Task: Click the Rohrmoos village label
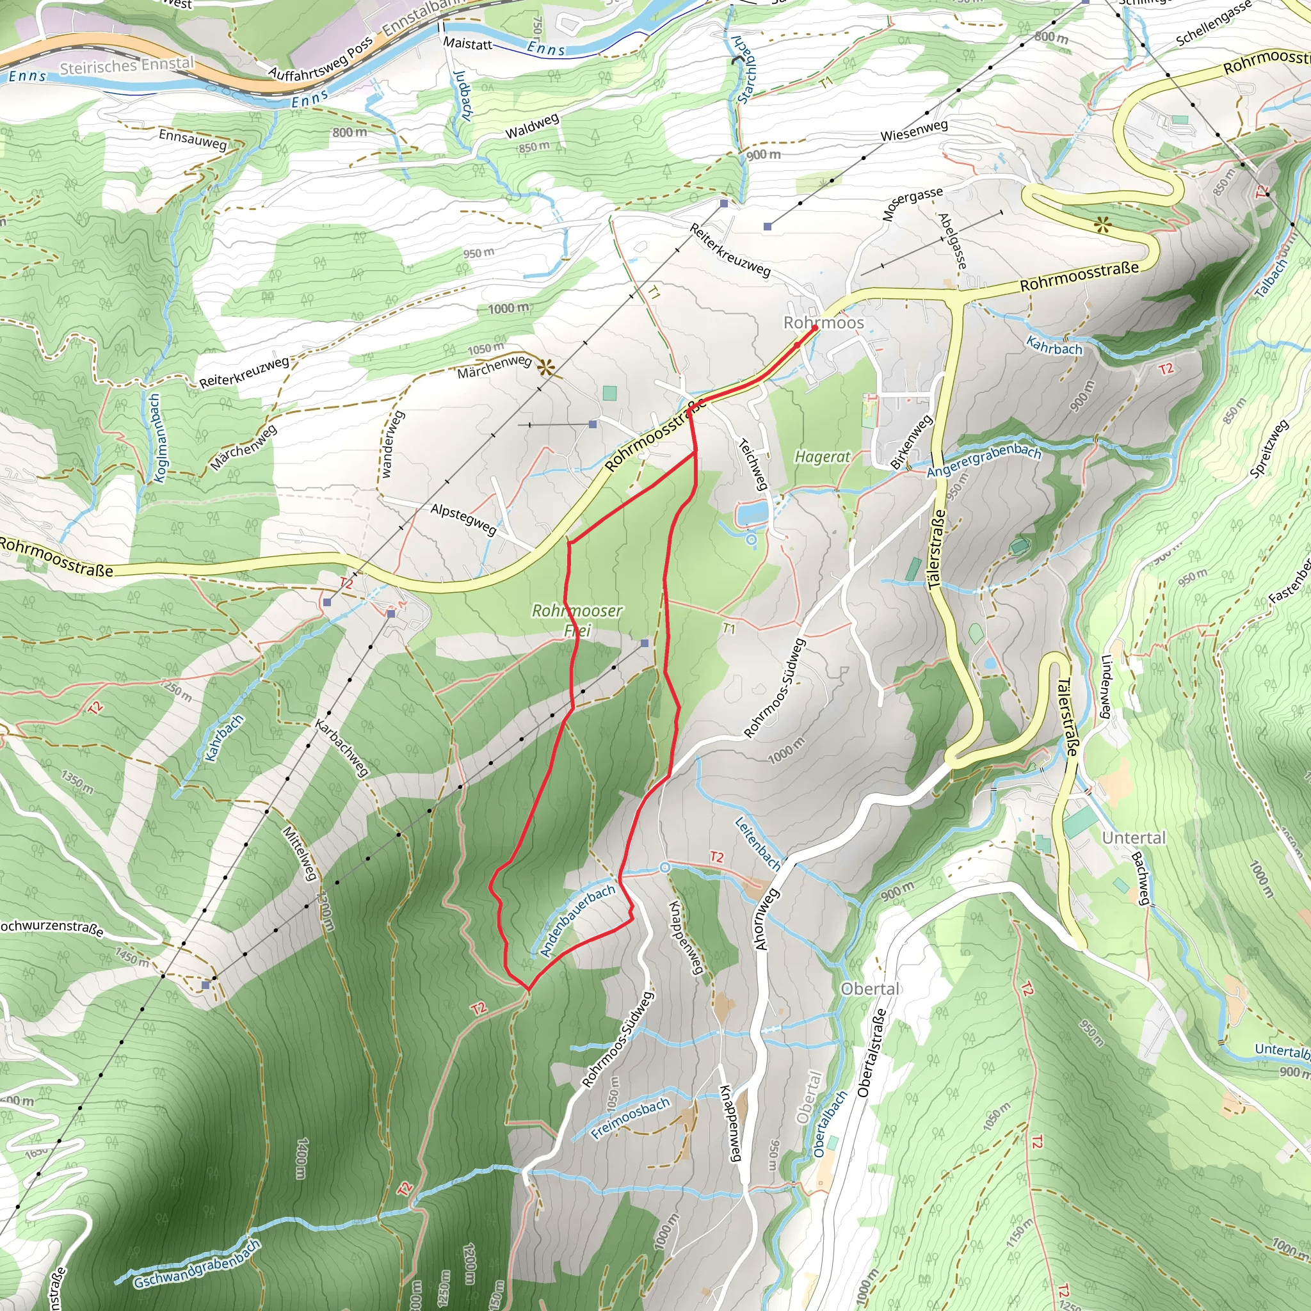click(823, 323)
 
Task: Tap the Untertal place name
click(1133, 838)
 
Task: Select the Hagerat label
click(822, 456)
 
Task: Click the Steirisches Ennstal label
click(127, 66)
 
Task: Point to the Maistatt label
click(467, 44)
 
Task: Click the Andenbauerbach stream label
click(577, 920)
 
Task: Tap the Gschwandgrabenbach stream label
click(197, 1264)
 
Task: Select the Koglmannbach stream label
click(156, 438)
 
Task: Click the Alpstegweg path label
click(463, 519)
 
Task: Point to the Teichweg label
click(753, 464)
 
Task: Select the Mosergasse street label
click(912, 204)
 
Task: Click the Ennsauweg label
click(193, 139)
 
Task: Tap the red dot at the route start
click(814, 328)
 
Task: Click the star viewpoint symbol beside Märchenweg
click(545, 368)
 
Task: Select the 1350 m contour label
click(77, 782)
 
